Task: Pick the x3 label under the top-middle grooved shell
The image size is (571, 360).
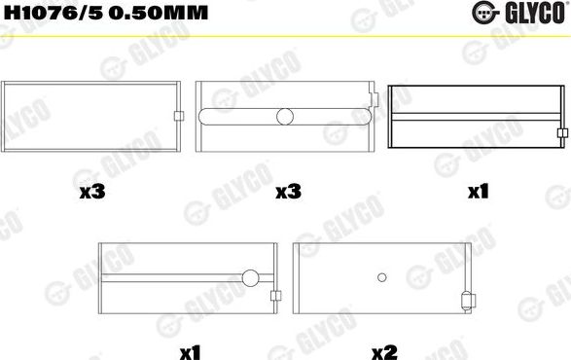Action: [x=287, y=193]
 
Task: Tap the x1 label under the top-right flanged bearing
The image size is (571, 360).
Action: [x=477, y=193]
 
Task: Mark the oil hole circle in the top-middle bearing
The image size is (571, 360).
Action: [x=285, y=117]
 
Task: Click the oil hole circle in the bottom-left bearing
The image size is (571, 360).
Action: [x=250, y=278]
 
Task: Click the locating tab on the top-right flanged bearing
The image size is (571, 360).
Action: [x=562, y=133]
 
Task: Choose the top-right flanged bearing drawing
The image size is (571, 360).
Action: [x=477, y=117]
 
